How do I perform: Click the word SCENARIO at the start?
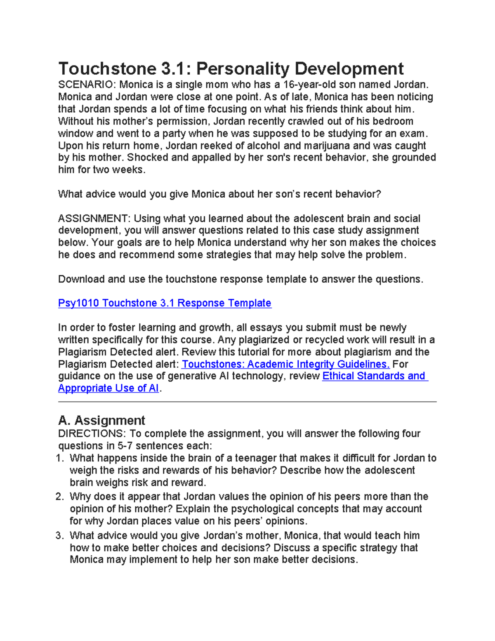pos(87,85)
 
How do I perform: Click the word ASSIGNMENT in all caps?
pos(94,218)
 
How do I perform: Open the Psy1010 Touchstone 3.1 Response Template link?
pos(165,303)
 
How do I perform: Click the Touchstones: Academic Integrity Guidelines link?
pos(285,364)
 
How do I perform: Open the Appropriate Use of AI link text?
pos(108,388)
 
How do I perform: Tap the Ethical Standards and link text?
pos(374,376)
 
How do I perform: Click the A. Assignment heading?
pos(101,420)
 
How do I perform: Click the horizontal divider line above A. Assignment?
pos(247,401)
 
